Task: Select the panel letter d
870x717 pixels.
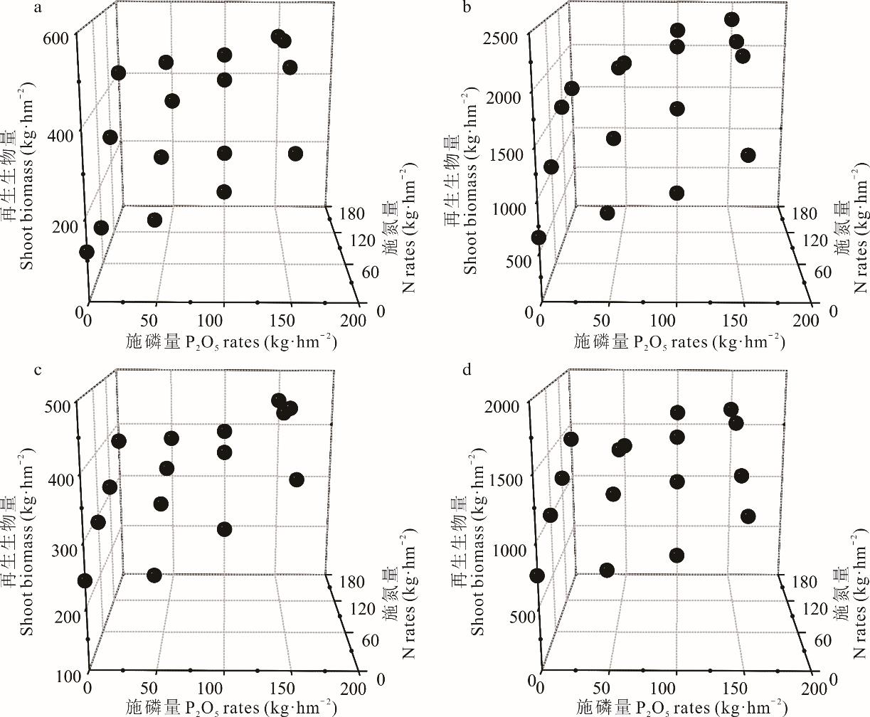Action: (x=467, y=371)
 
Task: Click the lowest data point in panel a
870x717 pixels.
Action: (x=87, y=252)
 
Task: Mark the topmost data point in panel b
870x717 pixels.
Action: (x=732, y=19)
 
